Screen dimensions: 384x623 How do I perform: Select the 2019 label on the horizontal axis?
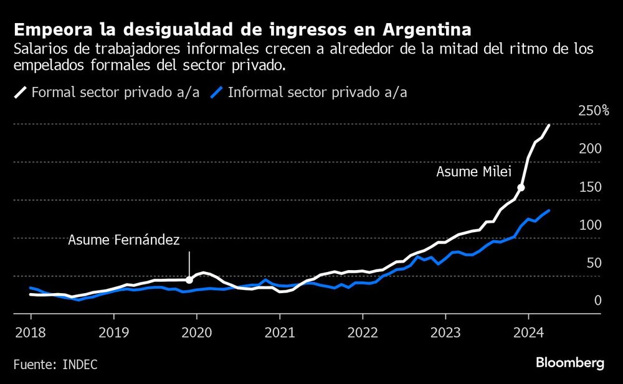point(113,332)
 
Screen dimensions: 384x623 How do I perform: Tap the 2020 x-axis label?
point(196,332)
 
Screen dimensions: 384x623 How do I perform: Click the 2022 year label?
point(362,332)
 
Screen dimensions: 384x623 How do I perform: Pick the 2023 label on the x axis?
point(445,332)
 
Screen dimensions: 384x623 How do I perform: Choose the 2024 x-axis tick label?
point(528,332)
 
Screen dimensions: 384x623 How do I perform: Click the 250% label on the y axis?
point(594,111)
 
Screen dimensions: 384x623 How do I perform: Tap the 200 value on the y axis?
point(589,149)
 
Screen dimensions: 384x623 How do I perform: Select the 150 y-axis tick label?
point(589,187)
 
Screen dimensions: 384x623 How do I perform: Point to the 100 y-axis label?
point(589,225)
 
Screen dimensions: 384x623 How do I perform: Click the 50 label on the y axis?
point(592,263)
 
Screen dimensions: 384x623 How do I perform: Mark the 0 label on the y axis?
point(596,301)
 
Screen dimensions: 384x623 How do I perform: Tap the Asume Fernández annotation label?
point(123,240)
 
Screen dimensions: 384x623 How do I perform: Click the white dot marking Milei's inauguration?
point(521,187)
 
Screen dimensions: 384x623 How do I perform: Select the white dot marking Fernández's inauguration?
point(189,280)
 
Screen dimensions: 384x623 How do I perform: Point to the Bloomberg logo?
point(570,363)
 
